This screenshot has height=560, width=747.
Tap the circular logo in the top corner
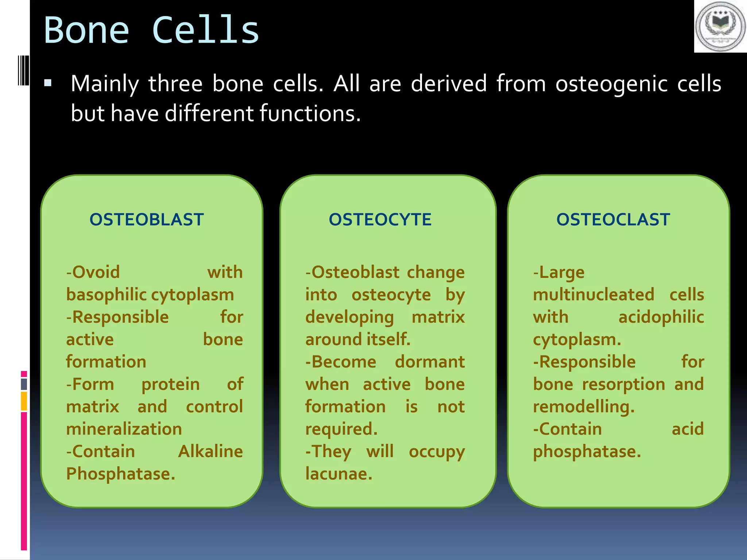(x=720, y=26)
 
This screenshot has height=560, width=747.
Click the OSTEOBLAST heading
(x=147, y=219)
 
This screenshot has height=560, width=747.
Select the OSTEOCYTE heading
(x=380, y=219)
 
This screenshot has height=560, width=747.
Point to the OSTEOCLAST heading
(x=613, y=219)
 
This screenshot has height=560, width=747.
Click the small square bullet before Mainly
(x=47, y=83)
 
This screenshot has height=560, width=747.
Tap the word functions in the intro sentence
(x=310, y=113)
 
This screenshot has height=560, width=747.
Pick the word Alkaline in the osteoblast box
(x=210, y=451)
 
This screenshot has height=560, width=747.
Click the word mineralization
(x=124, y=429)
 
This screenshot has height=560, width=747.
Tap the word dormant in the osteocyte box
(x=430, y=362)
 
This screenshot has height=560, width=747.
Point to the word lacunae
(x=338, y=474)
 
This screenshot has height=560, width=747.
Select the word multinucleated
(x=593, y=295)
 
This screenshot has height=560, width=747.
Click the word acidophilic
(x=661, y=317)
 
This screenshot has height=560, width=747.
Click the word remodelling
(x=584, y=407)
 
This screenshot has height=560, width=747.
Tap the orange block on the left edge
(x=24, y=401)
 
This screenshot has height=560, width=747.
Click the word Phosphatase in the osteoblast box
(x=120, y=474)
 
